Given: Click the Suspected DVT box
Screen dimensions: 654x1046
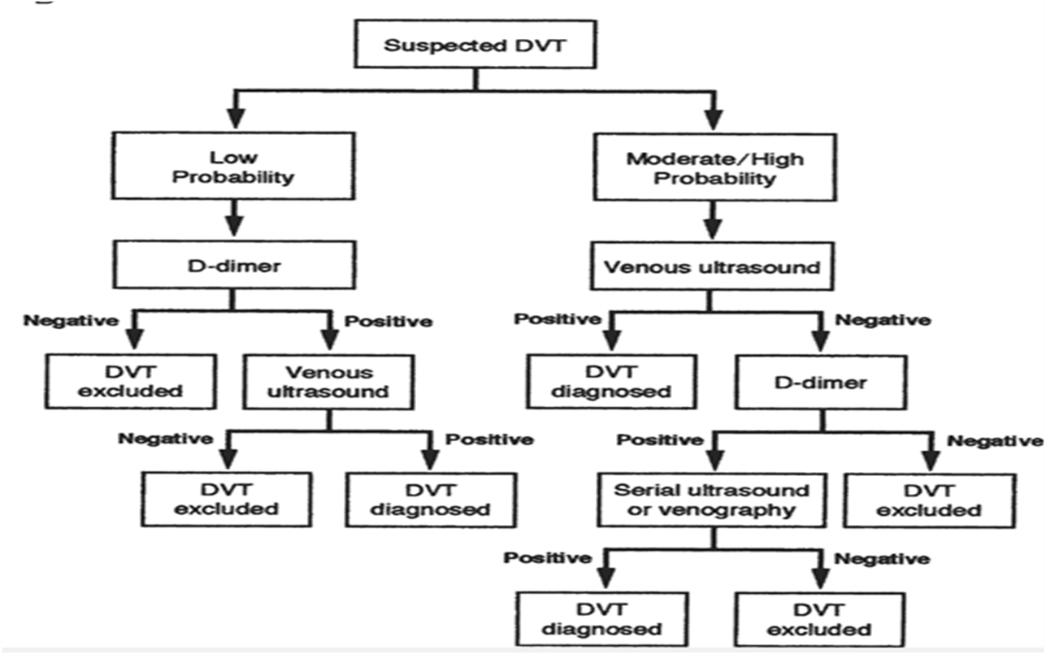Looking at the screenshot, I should click(475, 44).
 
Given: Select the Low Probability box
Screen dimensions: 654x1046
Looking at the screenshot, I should click(234, 167).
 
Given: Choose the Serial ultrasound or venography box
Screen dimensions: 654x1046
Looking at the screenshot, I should click(712, 500).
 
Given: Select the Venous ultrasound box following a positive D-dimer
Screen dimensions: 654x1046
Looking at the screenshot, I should click(328, 383).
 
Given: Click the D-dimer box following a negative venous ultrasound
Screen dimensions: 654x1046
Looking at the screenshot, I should click(821, 383).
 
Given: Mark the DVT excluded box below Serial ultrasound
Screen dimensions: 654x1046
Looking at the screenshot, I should click(818, 618).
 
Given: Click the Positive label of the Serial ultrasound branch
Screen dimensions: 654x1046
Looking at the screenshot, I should click(547, 558).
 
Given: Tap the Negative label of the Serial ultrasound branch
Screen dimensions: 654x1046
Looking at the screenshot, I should click(882, 559).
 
